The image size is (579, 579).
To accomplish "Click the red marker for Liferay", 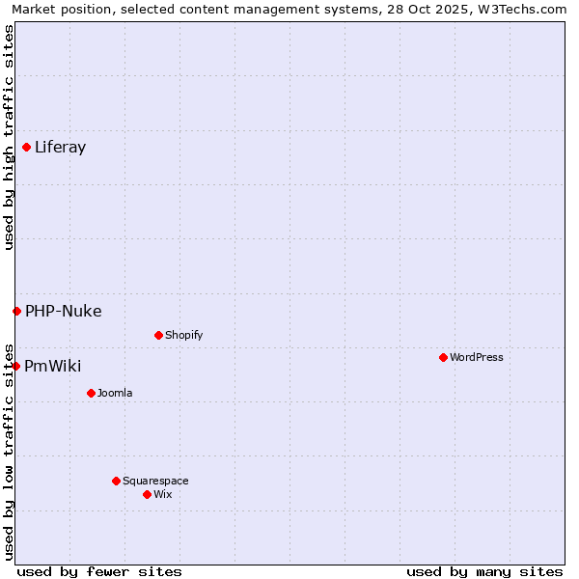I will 26,147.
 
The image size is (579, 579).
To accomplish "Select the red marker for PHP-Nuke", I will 16,311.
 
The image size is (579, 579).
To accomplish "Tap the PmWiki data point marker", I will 15,366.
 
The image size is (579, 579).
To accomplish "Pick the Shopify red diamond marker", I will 158,335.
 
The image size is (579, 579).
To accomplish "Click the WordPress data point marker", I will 443,357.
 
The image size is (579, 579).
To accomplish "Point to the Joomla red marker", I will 91,393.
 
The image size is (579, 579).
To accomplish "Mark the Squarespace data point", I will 116,481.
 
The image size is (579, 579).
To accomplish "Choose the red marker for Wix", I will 147,494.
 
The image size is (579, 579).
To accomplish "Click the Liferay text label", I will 60,148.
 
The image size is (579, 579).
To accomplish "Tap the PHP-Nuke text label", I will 64,311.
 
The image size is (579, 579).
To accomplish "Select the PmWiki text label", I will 53,366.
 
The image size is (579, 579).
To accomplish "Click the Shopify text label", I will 183,335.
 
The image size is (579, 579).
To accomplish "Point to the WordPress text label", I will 477,357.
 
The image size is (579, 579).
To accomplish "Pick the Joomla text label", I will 115,393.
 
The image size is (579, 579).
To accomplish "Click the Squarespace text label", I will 155,481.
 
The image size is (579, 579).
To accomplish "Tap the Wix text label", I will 162,494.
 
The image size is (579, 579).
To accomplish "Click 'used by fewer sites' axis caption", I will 99,571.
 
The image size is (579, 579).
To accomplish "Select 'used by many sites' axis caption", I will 484,571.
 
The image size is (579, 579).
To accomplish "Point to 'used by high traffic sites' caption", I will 9,137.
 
